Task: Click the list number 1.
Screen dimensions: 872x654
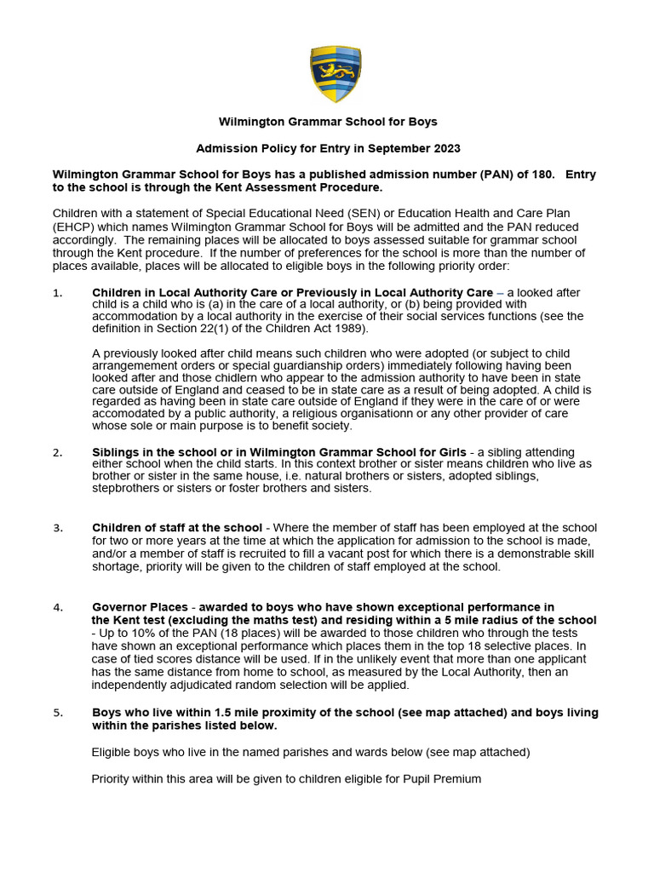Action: coord(57,293)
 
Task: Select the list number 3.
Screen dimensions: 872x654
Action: coord(57,528)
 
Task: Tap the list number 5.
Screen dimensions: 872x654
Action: coord(57,713)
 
